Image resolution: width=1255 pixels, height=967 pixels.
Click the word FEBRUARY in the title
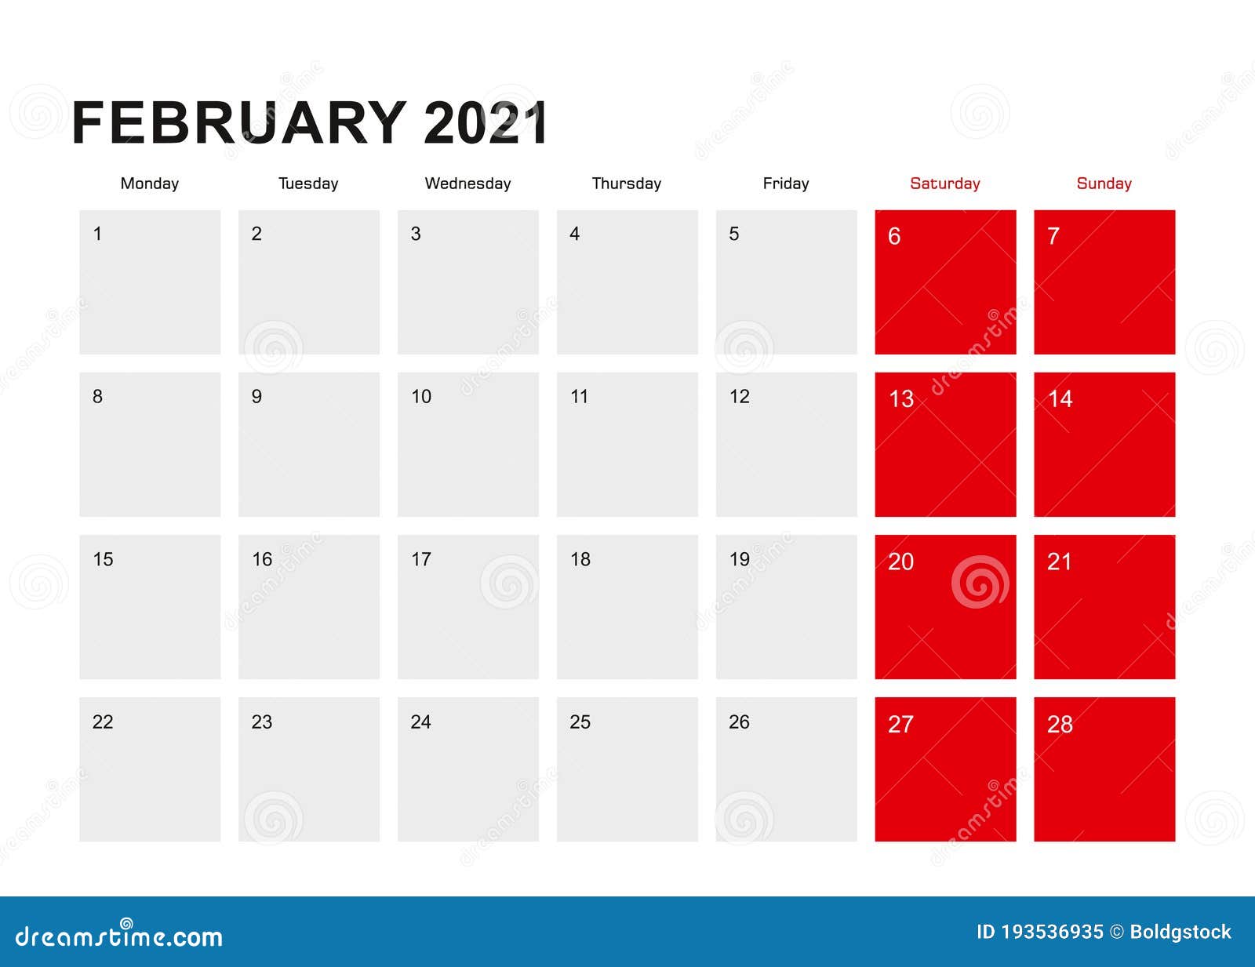238,123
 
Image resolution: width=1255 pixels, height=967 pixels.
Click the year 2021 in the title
485,123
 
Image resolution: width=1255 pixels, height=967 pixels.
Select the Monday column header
150,184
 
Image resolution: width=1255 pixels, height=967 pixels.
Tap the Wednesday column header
467,184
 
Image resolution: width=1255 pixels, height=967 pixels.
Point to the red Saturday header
944,184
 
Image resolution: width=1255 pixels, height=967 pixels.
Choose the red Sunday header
1104,184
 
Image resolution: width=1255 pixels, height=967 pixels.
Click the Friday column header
785,184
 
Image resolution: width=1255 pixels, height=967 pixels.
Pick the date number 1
97,234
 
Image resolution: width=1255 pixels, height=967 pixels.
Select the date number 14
1060,399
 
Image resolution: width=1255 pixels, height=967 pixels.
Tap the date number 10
421,397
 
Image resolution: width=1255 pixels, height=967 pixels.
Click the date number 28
1060,725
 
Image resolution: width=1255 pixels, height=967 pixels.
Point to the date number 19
739,559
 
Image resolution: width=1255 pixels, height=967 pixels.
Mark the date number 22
103,722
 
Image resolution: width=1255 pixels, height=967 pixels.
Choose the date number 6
894,236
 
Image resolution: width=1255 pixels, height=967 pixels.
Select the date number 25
580,722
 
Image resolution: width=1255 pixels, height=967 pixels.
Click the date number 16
262,559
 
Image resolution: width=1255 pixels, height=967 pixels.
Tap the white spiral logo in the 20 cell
980,583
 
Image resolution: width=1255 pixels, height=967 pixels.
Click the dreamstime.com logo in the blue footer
119,935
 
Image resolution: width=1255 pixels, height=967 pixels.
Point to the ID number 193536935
1052,932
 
